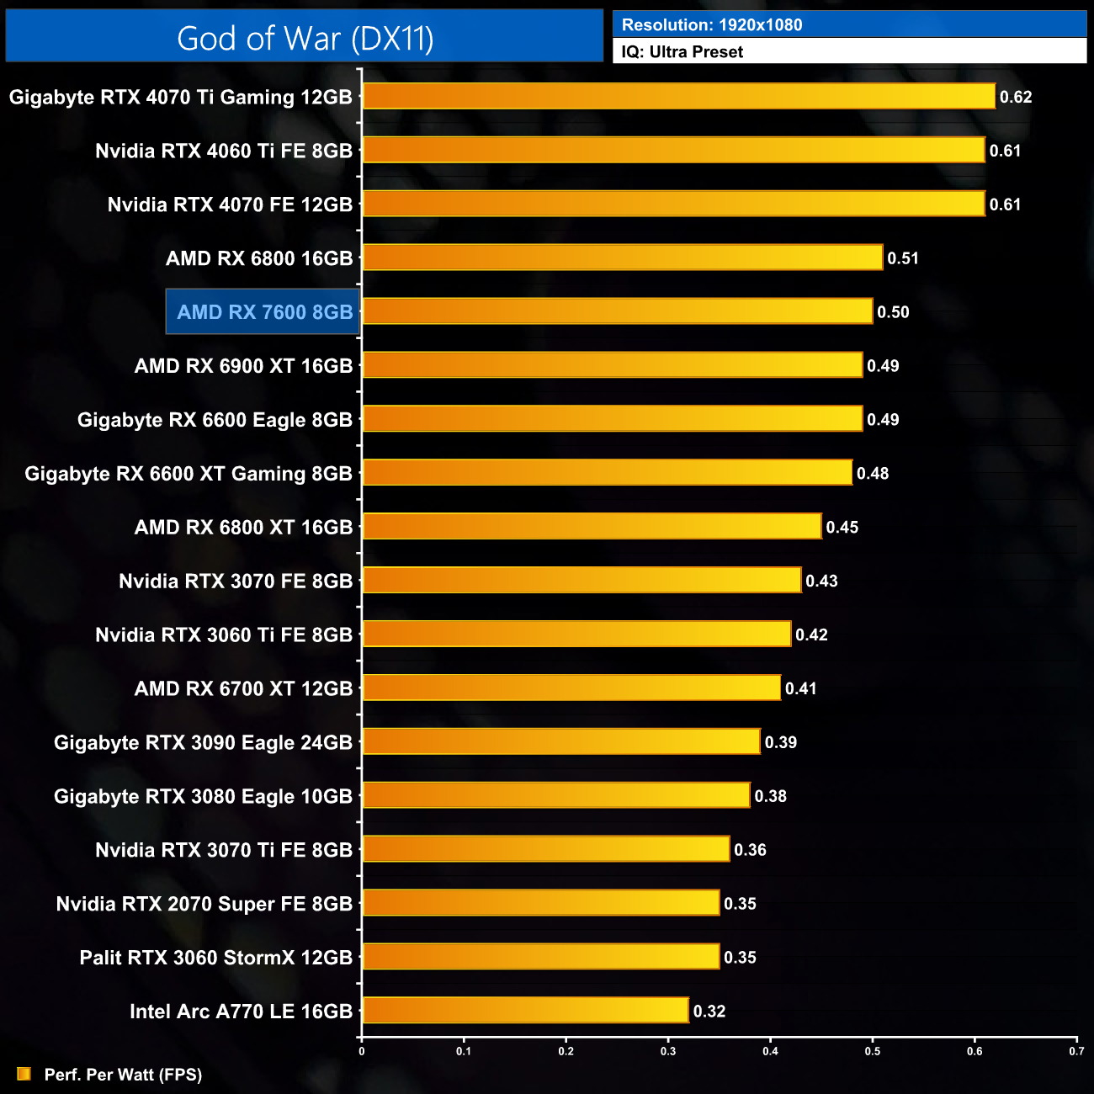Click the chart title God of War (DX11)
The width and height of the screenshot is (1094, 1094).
[305, 39]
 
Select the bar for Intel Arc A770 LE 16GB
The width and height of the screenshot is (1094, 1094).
[526, 1011]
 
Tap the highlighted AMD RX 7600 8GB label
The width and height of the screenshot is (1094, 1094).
[264, 312]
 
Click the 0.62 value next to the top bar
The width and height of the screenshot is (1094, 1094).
[1016, 97]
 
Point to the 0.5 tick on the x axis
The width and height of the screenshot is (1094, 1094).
[873, 1050]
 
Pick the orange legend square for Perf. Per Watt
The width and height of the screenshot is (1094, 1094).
[24, 1074]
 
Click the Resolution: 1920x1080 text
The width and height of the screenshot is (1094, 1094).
[712, 25]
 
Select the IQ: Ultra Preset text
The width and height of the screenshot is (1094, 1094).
[682, 52]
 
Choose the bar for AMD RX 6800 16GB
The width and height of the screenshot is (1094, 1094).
[623, 258]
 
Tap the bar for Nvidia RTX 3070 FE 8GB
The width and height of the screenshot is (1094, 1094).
[582, 580]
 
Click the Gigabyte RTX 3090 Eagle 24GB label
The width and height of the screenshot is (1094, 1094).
[203, 742]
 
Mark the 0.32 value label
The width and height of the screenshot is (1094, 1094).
[709, 1012]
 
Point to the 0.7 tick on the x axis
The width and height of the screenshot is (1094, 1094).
[1076, 1050]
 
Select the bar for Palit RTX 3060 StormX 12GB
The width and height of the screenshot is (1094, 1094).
[541, 957]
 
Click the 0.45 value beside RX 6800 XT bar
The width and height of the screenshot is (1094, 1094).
[842, 528]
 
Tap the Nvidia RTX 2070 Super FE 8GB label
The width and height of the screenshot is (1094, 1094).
[204, 904]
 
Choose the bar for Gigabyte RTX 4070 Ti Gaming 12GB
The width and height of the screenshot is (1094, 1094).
[678, 96]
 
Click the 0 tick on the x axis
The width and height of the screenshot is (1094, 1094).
[362, 1050]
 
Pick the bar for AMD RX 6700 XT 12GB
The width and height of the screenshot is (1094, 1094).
[571, 688]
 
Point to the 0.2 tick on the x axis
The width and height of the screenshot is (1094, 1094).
[566, 1050]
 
